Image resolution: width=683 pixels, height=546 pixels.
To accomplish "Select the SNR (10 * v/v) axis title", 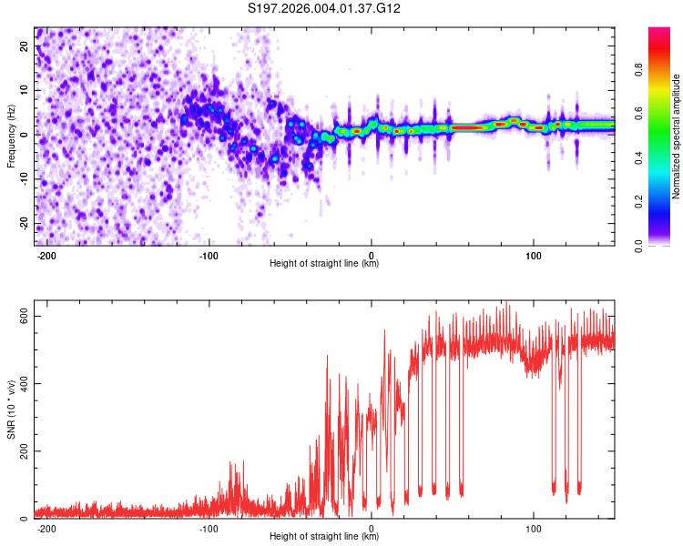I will click(11, 413).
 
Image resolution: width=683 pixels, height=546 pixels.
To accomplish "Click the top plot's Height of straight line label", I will click(324, 264).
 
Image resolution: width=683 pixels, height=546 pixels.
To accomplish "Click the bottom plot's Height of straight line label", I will click(324, 537).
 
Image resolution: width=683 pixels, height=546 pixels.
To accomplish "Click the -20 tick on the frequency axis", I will click(23, 224).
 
